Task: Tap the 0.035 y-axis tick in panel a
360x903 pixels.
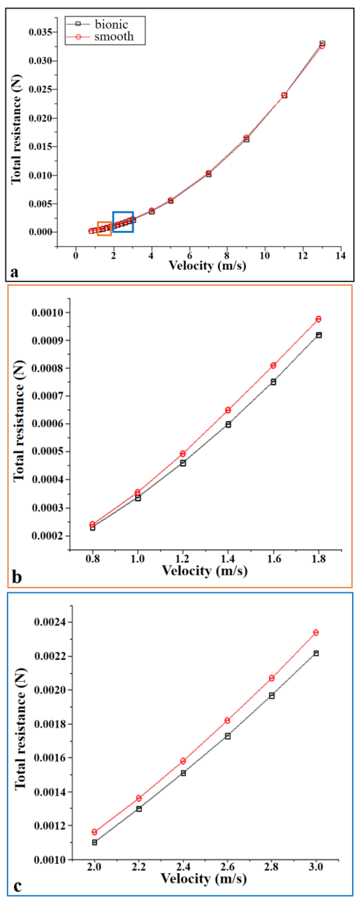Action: (40, 32)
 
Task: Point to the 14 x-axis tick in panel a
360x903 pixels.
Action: (340, 256)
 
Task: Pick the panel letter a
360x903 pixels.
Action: (14, 272)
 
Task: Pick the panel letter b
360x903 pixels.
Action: (17, 577)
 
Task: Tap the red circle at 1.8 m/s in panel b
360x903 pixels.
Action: (318, 319)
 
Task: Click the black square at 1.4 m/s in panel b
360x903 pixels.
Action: (228, 424)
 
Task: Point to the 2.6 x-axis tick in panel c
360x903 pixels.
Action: (227, 867)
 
